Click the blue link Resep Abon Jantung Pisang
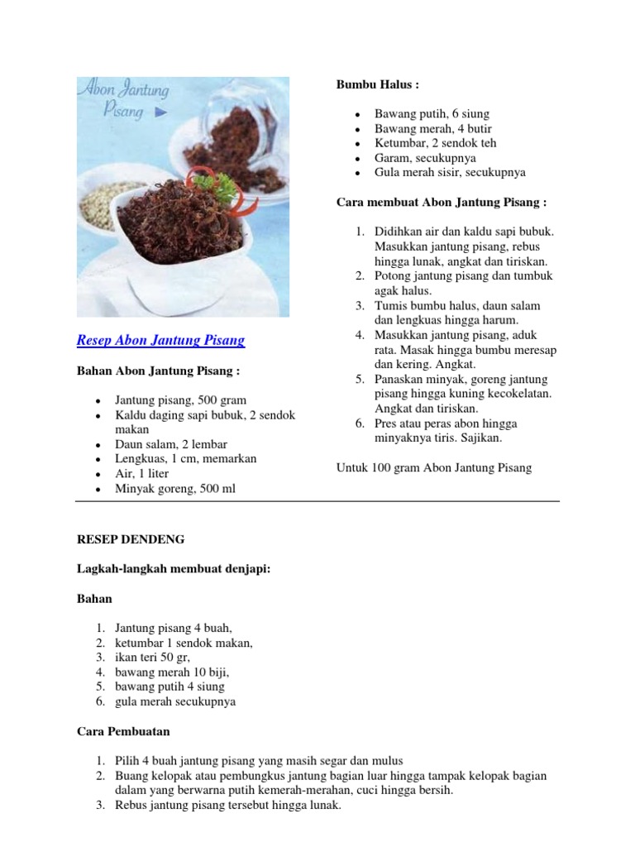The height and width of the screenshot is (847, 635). pos(160,340)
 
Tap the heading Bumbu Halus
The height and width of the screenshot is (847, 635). pos(378,84)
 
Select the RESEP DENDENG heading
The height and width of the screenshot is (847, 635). pos(131,539)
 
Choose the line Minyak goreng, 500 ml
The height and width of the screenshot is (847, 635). pos(175,489)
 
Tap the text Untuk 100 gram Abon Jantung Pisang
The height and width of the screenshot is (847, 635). pos(434,467)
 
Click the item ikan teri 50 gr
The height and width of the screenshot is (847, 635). pos(152,657)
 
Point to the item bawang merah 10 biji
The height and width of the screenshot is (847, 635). pos(171,672)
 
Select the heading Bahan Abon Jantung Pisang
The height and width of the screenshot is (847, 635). pos(159,371)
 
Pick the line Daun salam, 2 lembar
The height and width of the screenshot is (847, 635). pos(171,444)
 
